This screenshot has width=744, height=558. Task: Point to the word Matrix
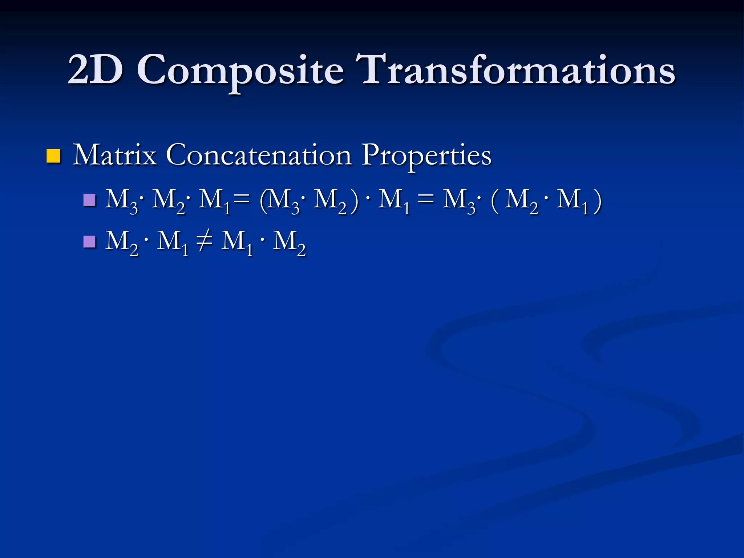[115, 155]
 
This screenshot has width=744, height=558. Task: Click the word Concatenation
[259, 155]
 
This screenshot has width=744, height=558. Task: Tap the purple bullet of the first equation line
[89, 200]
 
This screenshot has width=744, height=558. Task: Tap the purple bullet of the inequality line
[89, 242]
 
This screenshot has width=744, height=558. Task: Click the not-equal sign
[205, 241]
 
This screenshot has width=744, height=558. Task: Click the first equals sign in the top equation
[242, 200]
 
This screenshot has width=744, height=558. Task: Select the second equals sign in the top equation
[426, 200]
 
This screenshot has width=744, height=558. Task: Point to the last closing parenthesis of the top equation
[597, 202]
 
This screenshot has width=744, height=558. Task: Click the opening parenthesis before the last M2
[494, 202]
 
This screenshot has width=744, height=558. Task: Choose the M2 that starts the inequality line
[121, 243]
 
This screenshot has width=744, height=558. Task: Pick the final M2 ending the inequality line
[289, 243]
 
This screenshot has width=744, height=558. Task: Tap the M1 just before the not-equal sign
[172, 243]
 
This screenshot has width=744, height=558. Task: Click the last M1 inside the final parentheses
[572, 202]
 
